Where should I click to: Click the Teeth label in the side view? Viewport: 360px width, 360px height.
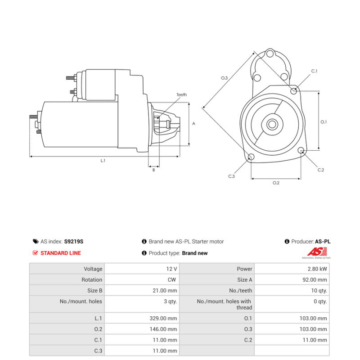pyautogui.click(x=181, y=94)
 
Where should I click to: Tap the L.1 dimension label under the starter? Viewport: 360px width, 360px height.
pyautogui.click(x=103, y=161)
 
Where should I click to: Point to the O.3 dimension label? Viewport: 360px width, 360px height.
pyautogui.click(x=224, y=78)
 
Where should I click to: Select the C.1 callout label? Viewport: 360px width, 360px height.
pyautogui.click(x=314, y=71)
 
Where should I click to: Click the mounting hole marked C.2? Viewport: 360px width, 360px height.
pyautogui.click(x=301, y=151)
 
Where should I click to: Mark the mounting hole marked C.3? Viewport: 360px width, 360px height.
pyautogui.click(x=251, y=157)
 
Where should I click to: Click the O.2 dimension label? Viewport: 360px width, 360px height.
pyautogui.click(x=276, y=183)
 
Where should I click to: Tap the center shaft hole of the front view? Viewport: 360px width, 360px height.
pyautogui.click(x=272, y=125)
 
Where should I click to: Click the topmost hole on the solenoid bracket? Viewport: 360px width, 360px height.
pyautogui.click(x=270, y=54)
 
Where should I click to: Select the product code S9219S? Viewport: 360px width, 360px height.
pyautogui.click(x=74, y=242)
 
